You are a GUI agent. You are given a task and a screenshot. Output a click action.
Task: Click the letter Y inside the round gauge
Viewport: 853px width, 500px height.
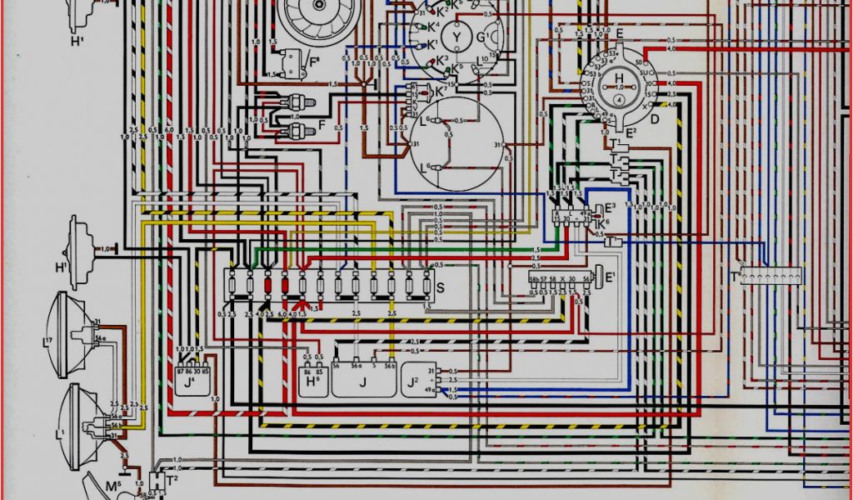point(456,38)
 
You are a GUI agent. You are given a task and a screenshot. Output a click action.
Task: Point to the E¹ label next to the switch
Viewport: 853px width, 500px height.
point(611,277)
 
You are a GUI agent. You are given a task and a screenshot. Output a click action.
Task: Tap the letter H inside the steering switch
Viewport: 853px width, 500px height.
point(618,78)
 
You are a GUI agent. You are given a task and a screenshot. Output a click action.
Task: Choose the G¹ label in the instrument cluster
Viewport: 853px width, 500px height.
point(482,37)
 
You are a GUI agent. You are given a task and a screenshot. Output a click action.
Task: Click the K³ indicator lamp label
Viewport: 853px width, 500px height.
point(441,60)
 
